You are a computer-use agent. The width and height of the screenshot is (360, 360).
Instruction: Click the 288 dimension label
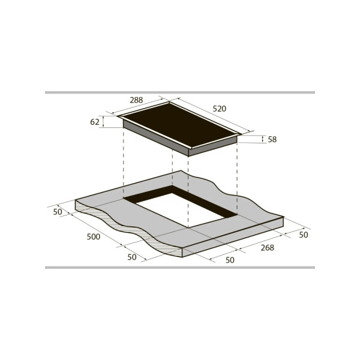pyautogui.click(x=136, y=100)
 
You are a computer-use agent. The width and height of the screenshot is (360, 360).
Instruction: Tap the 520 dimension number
pyautogui.click(x=219, y=109)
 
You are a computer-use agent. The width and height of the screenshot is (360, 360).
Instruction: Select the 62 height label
pyautogui.click(x=95, y=122)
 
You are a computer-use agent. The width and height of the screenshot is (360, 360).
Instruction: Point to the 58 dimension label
pyautogui.click(x=272, y=139)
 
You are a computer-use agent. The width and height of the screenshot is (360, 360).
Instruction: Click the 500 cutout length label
pyautogui.click(x=94, y=237)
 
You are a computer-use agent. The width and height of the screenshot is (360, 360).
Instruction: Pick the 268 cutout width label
pyautogui.click(x=268, y=248)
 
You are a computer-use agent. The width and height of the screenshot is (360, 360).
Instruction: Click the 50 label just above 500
pyautogui.click(x=58, y=212)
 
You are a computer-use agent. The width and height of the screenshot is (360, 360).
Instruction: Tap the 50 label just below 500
pyautogui.click(x=132, y=257)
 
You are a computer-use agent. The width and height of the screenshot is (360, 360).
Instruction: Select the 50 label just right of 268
pyautogui.click(x=304, y=235)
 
